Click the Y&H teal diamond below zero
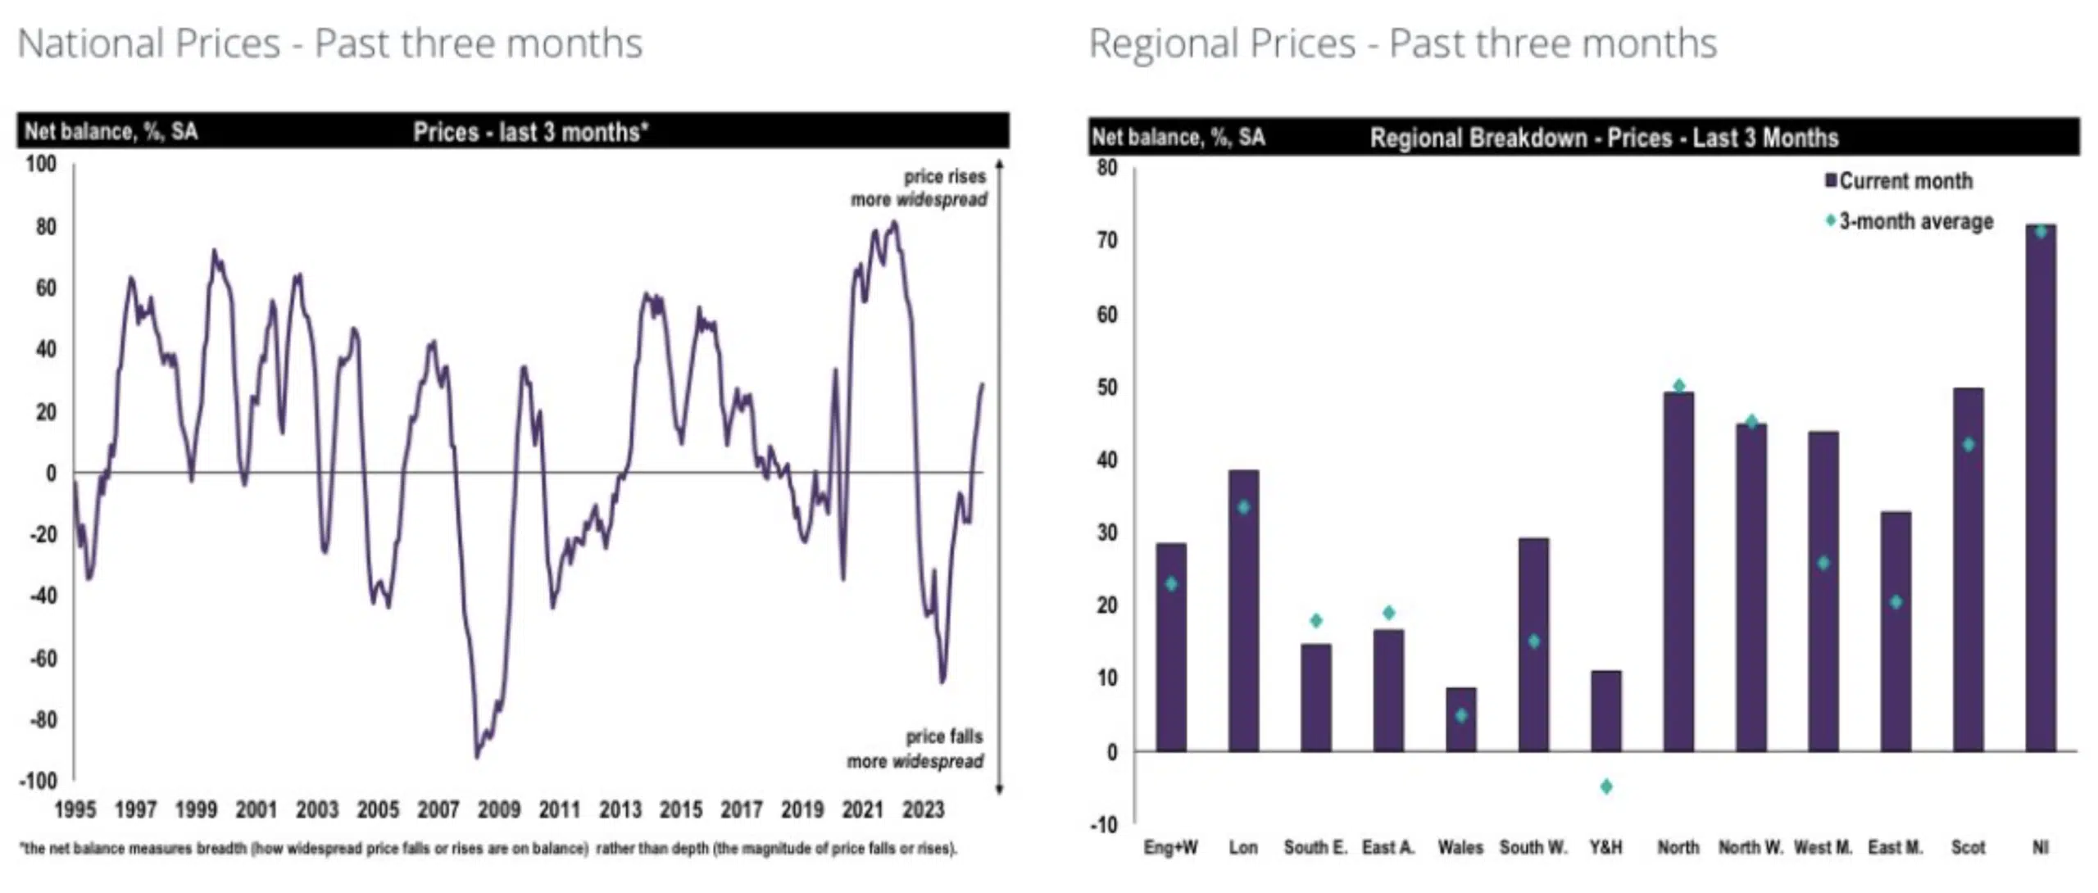pos(1606,786)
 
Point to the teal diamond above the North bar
pos(1678,386)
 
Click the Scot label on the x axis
pos(1968,848)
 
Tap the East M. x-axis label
pos(1895,848)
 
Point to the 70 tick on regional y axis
pos(1106,241)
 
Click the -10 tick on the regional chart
pos(1103,825)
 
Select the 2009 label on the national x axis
pos(498,810)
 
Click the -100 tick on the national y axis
pos(38,782)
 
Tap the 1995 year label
pos(75,810)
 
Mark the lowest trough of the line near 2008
pos(477,756)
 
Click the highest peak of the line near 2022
pos(893,223)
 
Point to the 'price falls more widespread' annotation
pos(916,749)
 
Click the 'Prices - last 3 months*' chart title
pos(530,132)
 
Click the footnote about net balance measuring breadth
pos(488,849)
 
